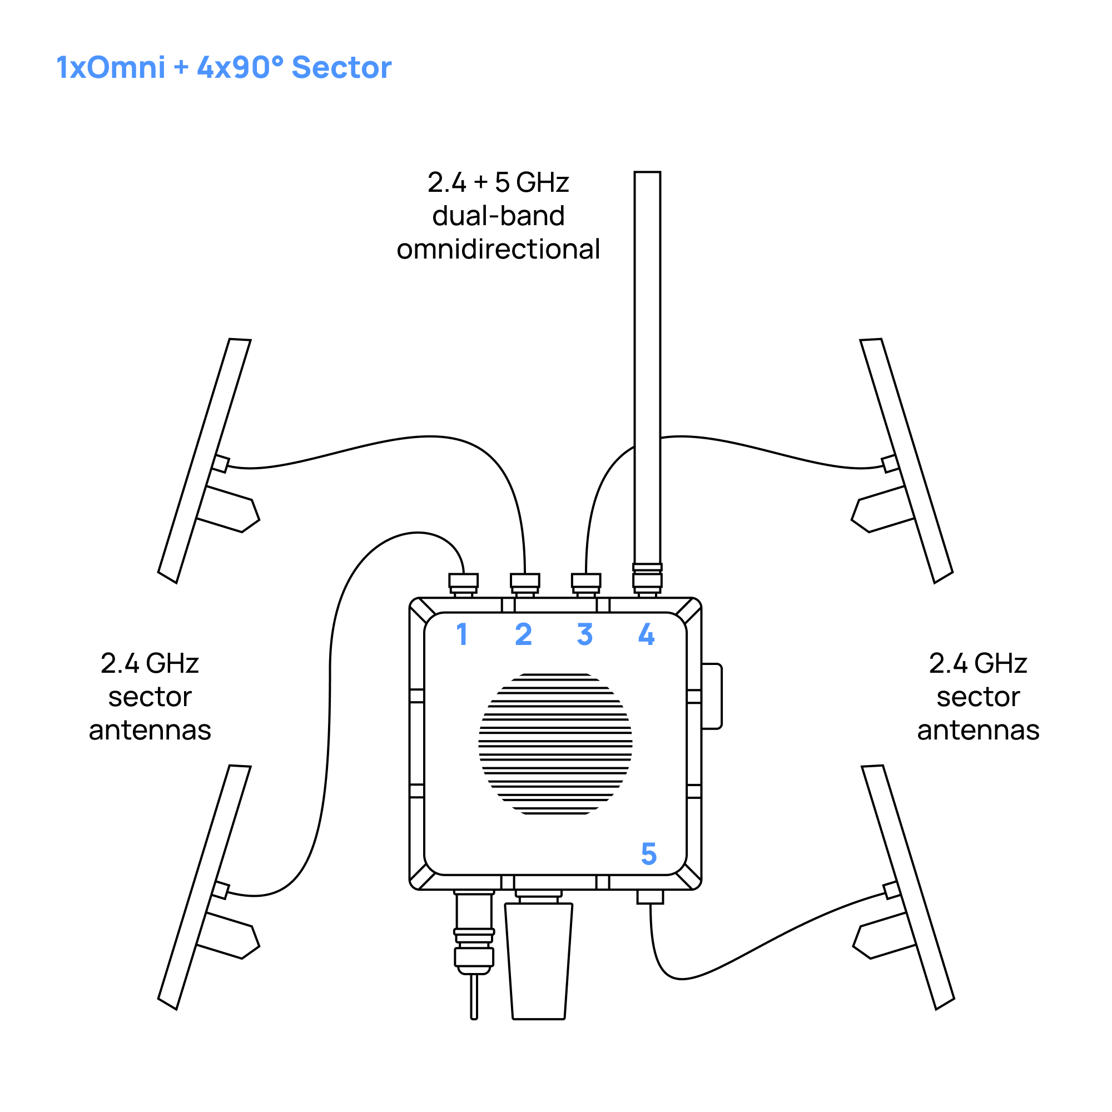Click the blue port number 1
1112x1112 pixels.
point(461,634)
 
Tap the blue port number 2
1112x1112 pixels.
point(523,634)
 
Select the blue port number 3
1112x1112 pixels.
point(585,634)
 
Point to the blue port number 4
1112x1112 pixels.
point(647,634)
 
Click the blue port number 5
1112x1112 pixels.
point(649,853)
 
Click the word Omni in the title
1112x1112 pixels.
point(126,67)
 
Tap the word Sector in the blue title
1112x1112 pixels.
point(341,67)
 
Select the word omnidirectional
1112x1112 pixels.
point(498,249)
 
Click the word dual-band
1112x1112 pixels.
point(498,216)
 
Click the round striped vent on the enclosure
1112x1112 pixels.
point(555,743)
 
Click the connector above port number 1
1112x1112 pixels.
point(463,583)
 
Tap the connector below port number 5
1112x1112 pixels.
point(651,897)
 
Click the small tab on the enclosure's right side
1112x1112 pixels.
point(712,697)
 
